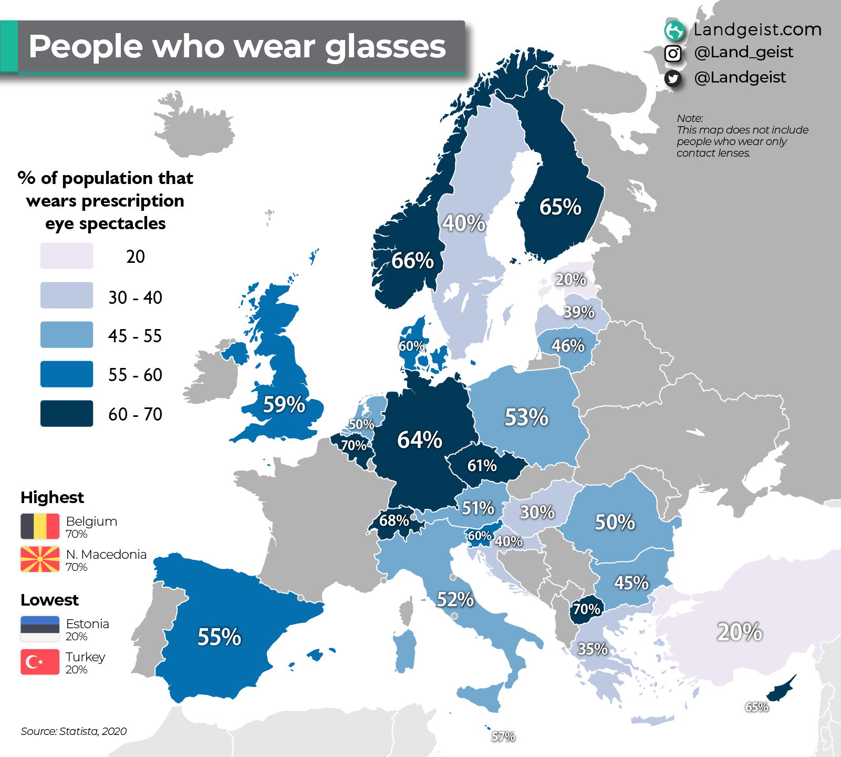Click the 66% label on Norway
point(412,261)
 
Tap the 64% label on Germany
point(419,440)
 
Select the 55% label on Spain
point(219,637)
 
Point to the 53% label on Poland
point(526,417)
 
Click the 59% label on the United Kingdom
point(284,405)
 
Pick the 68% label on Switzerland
point(394,520)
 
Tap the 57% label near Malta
point(503,736)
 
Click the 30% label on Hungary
point(537,512)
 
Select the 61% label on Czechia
point(482,465)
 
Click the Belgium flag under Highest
point(40,526)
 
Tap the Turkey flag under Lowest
point(40,662)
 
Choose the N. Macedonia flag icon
point(40,559)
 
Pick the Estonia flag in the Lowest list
point(40,629)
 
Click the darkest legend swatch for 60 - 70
point(67,413)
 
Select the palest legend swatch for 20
point(67,256)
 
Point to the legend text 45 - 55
point(135,336)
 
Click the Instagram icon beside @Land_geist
point(673,53)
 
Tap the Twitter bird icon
point(673,78)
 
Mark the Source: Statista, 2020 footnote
point(74,731)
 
